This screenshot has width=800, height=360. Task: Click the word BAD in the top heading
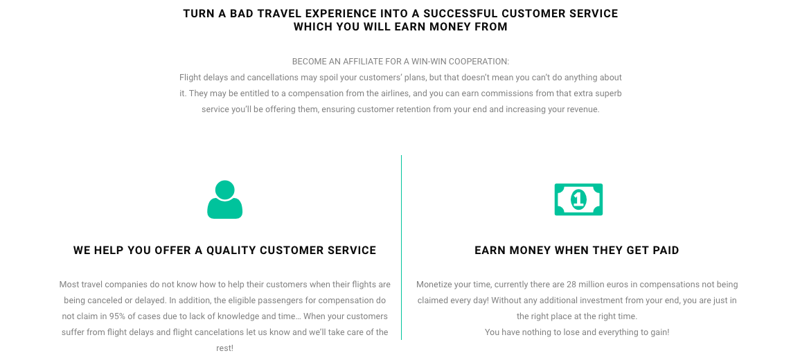pos(242,14)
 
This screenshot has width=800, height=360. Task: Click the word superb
pos(609,94)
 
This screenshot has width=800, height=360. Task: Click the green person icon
pos(224,199)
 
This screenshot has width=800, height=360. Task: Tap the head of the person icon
pos(224,189)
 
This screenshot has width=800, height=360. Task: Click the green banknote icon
pos(578,199)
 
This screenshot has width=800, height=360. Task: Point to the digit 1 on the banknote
pos(578,199)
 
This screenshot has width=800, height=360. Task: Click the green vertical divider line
pos(402,247)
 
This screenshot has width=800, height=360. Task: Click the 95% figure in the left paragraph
pos(117,316)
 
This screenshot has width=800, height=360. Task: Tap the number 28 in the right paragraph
pos(571,285)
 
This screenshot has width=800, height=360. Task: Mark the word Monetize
pos(434,285)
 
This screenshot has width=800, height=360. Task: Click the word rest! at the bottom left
pos(224,348)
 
